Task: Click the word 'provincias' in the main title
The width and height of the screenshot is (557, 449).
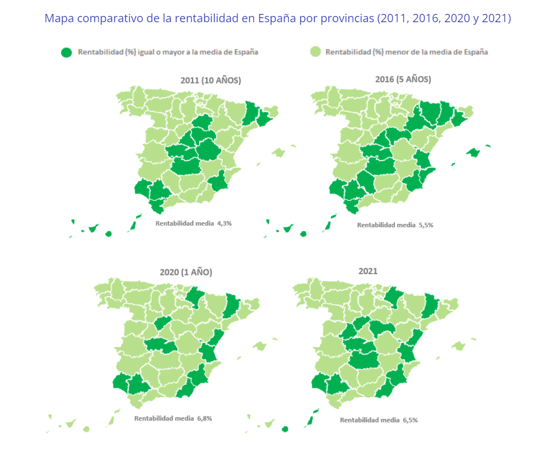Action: [348, 19]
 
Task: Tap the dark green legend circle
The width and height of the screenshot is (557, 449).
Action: [67, 52]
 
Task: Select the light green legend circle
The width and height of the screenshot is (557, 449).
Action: [315, 52]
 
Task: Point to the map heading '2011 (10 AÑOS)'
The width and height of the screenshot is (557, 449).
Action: [211, 81]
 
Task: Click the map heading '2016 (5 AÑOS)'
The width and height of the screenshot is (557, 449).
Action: [403, 79]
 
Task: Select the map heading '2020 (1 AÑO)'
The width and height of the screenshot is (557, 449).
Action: [186, 272]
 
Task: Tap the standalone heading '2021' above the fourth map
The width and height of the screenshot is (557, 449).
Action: [368, 271]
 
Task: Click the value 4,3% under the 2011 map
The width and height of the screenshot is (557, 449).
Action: [224, 224]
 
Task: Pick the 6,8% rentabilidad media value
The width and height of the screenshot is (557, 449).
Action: [204, 418]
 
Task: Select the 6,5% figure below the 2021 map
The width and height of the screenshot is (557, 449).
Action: [409, 420]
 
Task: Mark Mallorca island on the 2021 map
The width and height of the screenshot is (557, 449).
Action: [458, 345]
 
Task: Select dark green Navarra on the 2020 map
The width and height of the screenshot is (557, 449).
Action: [195, 296]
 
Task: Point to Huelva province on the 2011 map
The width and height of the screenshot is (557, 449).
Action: [142, 188]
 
